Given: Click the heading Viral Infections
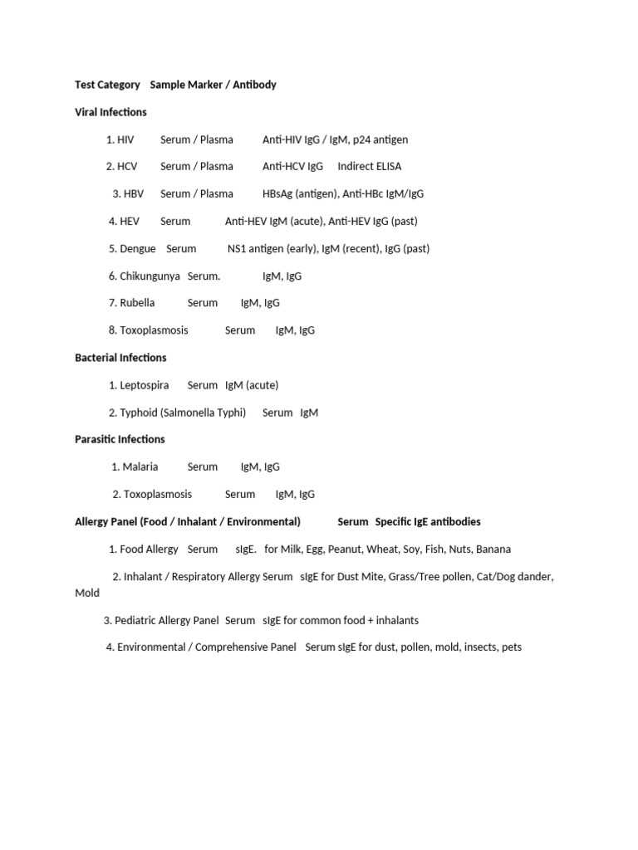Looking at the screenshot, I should pos(110,112).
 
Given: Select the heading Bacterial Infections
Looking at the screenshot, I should pos(120,358).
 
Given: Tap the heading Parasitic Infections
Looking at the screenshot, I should pos(120,439).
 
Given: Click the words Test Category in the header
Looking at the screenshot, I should pos(108,85).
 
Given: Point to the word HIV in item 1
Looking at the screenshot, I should pos(125,139).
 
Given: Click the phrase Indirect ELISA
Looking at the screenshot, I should pos(369,166).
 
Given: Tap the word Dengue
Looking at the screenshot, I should pos(138,248).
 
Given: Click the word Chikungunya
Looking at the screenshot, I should pos(150,276).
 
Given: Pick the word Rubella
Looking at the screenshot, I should pos(137,303).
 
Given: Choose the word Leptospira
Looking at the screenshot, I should pos(144,385).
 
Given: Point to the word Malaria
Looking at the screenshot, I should pos(140,467).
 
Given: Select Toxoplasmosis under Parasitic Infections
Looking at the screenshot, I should pos(158,494).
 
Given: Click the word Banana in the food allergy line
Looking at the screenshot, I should pos(493,549).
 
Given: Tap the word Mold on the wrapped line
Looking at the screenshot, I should pos(87,593).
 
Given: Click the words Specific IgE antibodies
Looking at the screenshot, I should pos(428,521).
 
